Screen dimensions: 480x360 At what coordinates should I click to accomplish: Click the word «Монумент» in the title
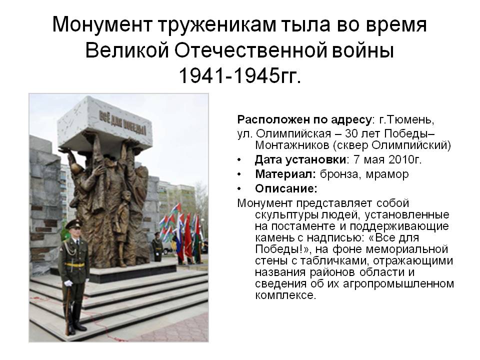(102, 24)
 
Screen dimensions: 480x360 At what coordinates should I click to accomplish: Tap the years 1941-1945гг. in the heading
(239, 75)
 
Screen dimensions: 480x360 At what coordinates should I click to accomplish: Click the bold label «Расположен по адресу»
(304, 119)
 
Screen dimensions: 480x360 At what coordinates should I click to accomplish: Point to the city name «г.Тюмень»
(406, 119)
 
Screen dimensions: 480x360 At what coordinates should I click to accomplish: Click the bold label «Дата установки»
(300, 160)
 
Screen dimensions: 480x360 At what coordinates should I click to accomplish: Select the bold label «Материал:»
(285, 174)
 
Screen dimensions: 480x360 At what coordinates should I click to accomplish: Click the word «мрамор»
(387, 174)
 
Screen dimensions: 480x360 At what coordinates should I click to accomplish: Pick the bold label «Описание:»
(286, 189)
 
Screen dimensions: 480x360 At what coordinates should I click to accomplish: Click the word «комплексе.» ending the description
(285, 295)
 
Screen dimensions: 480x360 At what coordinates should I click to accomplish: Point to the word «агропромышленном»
(398, 284)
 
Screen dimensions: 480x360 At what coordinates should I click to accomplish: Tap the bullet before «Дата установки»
(239, 160)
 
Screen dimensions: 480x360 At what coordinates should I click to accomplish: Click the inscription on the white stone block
(122, 123)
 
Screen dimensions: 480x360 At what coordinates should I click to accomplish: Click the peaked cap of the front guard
(73, 224)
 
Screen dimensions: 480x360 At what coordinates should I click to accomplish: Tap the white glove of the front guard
(68, 283)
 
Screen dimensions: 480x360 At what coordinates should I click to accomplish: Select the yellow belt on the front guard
(74, 265)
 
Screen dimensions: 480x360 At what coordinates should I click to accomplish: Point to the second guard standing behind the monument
(157, 246)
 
